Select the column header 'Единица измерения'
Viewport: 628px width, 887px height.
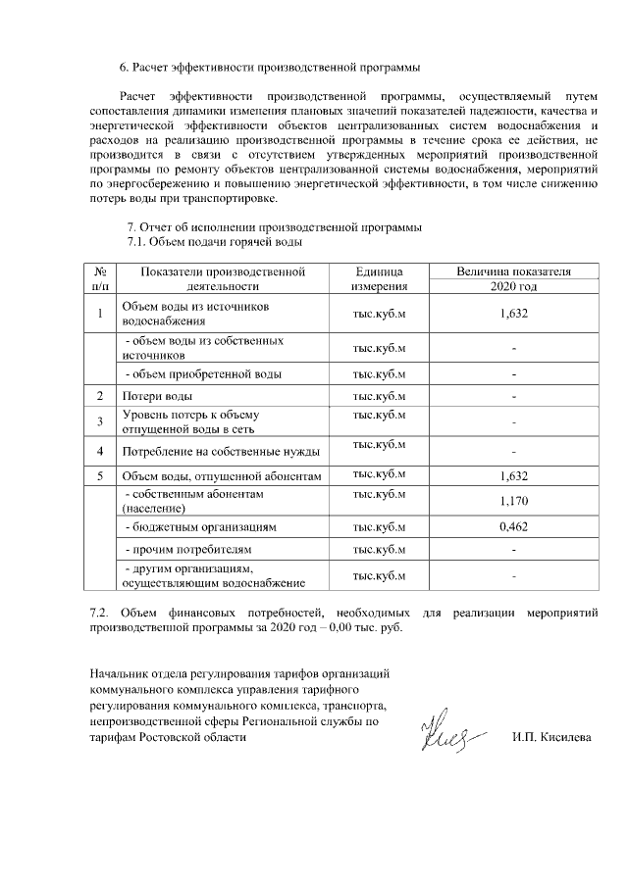(379, 278)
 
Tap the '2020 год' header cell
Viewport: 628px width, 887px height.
(513, 287)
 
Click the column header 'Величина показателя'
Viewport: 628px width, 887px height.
(513, 271)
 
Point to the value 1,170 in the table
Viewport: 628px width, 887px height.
(513, 501)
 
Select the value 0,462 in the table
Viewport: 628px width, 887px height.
(513, 527)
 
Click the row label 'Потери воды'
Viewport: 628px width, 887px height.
(156, 396)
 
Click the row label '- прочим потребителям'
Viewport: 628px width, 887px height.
(187, 551)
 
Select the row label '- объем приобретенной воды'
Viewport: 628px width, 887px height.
(201, 373)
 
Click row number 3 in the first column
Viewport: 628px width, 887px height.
(100, 421)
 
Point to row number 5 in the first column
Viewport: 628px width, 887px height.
(100, 476)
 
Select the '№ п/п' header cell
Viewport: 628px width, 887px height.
(100, 278)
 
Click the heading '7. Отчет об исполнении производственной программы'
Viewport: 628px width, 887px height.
(269, 227)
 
